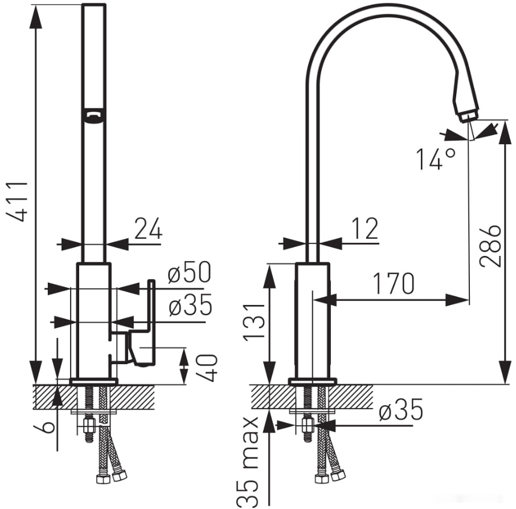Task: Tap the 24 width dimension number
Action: coord(149,228)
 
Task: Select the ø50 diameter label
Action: coord(189,272)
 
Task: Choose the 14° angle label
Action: coord(435,158)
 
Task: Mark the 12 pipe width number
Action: coord(365,229)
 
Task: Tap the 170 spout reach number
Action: coord(394,283)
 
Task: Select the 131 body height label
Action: coord(254,321)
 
